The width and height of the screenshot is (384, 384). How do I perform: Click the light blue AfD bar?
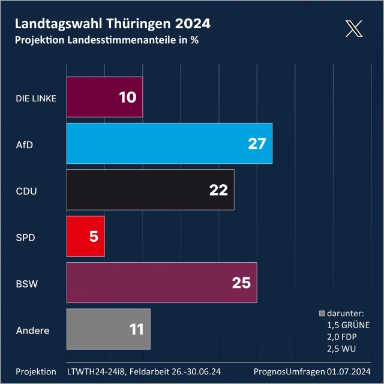pos(169,143)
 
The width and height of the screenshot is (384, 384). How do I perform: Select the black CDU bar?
pos(150,190)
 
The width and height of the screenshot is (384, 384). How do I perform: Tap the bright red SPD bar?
pos(85,236)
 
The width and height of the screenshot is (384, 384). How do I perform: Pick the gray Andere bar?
pos(108,329)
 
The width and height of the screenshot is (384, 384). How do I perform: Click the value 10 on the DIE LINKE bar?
pos(127,97)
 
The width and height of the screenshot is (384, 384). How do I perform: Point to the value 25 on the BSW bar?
pos(241,283)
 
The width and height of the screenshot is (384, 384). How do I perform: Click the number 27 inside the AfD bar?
pos(256,143)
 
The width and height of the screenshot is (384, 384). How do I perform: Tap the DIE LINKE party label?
pos(36,98)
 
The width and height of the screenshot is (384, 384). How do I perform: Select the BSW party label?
pos(27,283)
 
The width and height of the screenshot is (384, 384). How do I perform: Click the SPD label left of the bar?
pos(25,237)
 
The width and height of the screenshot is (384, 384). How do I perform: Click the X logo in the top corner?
pos(355,28)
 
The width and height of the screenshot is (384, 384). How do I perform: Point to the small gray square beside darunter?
pos(322,313)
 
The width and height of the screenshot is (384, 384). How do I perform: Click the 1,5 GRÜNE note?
pos(348,325)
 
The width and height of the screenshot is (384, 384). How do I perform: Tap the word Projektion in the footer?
pos(36,372)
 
